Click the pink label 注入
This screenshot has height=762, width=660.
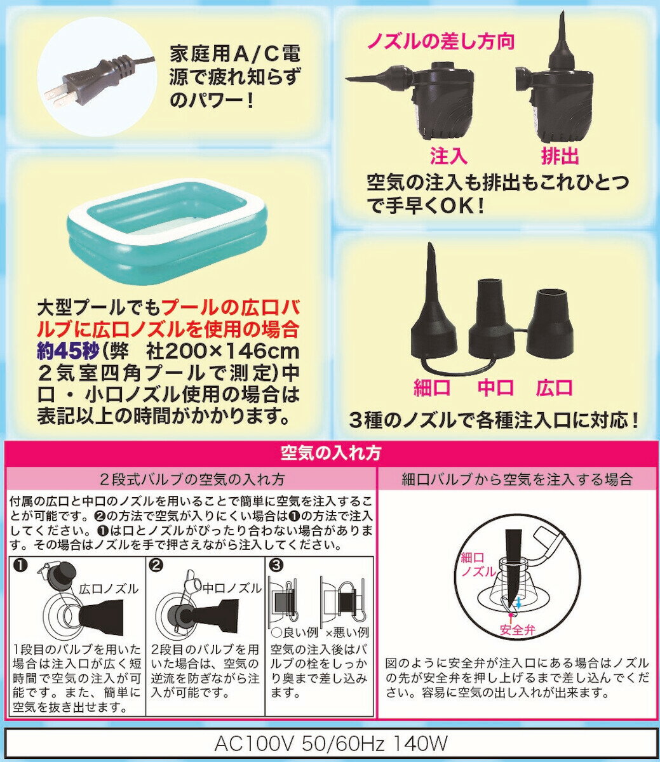tap(448, 156)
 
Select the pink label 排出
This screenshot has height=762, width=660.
tap(560, 156)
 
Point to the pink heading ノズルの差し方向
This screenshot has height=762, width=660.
tap(441, 41)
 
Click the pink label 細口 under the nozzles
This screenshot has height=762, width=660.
tap(432, 388)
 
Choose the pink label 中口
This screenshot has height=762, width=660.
tap(495, 388)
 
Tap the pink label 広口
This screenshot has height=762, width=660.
tap(554, 388)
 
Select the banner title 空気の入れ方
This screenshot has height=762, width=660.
tap(331, 453)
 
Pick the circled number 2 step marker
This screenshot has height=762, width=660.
tap(157, 566)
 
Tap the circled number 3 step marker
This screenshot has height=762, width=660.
tap(276, 566)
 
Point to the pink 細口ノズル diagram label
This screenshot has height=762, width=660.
tap(478, 565)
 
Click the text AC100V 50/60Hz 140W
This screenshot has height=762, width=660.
tap(330, 744)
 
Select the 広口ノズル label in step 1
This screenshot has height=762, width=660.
tap(109, 589)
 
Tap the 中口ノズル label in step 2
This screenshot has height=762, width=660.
tap(232, 589)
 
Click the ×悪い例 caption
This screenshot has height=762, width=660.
tap(347, 632)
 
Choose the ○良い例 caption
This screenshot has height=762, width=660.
tap(294, 632)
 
